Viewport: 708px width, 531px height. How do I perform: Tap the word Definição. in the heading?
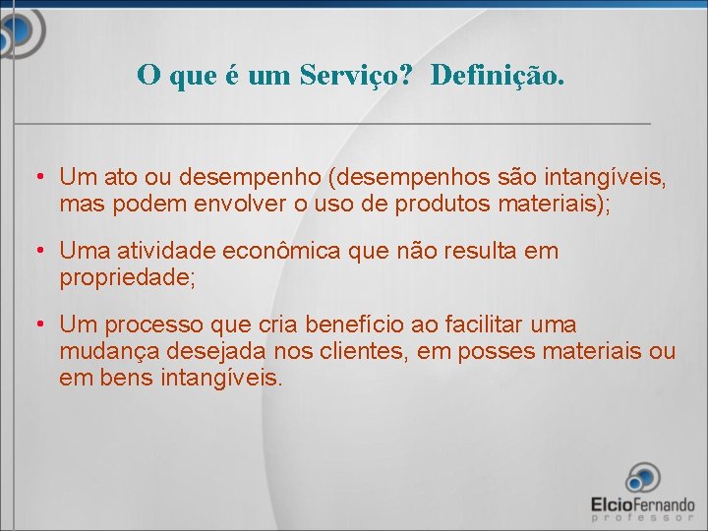tap(498, 75)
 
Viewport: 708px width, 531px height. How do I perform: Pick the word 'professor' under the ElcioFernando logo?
tap(642, 516)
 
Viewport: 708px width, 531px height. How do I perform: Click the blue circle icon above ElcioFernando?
tap(642, 479)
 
